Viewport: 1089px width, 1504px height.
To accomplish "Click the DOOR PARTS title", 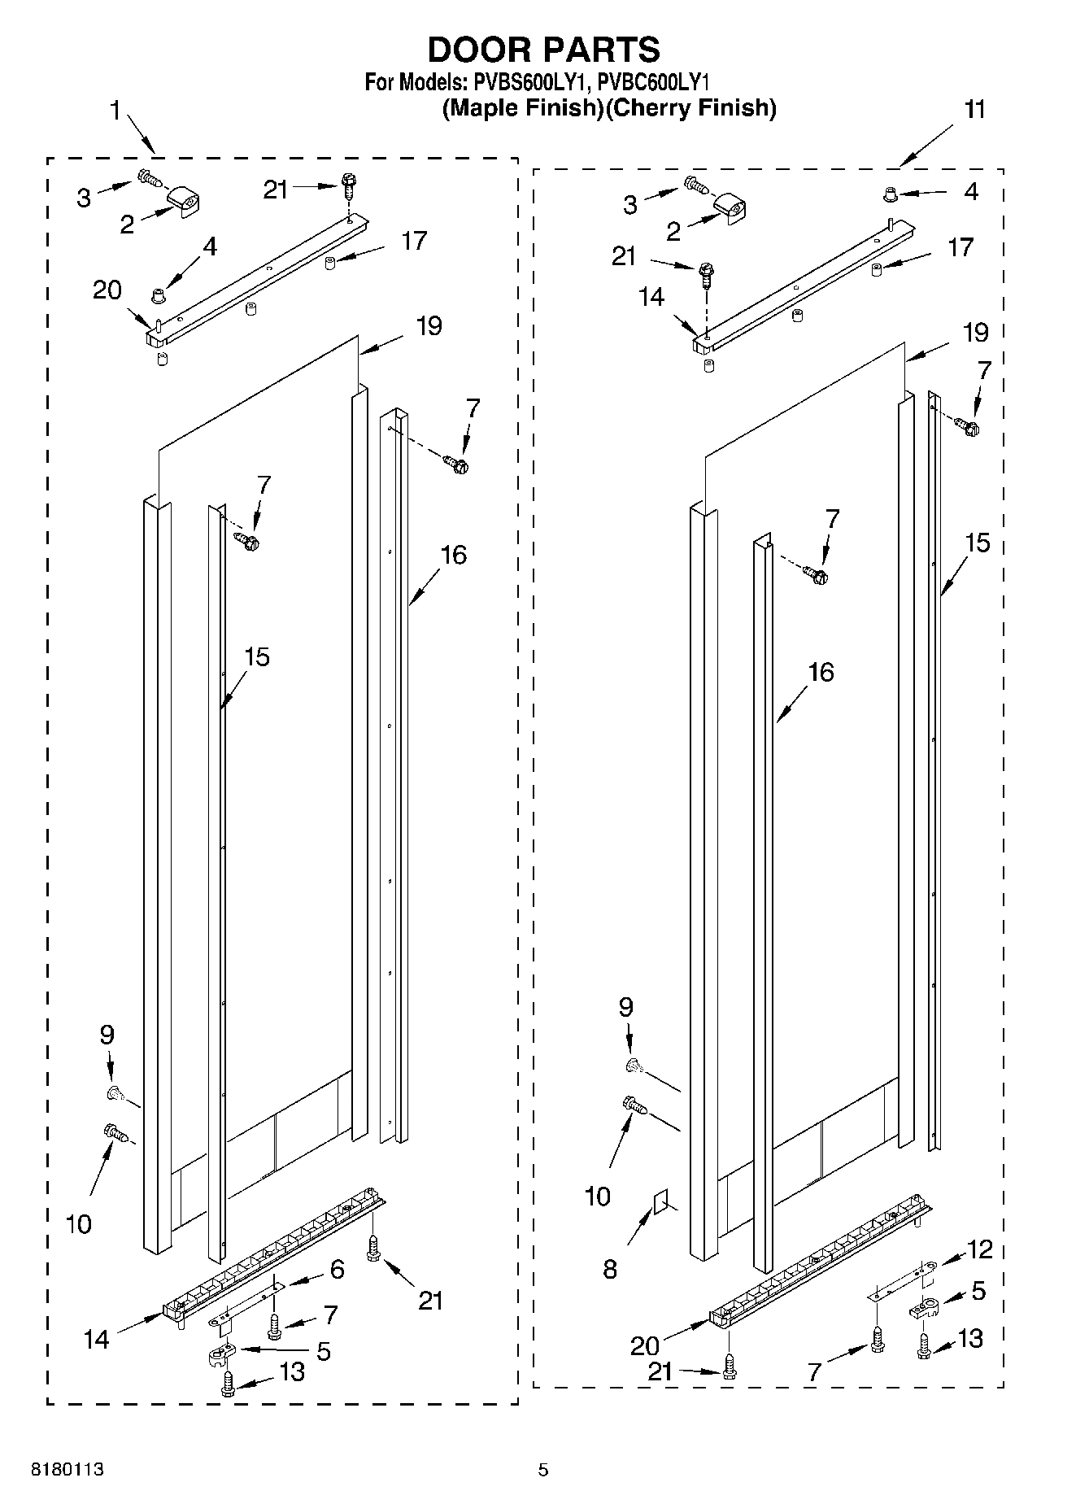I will (543, 50).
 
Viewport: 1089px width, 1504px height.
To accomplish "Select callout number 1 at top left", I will (115, 110).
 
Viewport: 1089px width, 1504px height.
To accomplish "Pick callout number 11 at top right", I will (974, 109).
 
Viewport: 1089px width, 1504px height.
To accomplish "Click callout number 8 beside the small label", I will (610, 1269).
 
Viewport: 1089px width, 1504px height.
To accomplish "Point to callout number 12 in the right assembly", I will (980, 1249).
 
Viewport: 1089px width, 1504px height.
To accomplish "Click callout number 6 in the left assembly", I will (337, 1269).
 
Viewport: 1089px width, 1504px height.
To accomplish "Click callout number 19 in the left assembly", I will (429, 325).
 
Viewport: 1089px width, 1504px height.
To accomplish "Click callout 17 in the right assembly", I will (960, 246).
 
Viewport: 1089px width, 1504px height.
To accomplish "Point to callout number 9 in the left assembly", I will (107, 1035).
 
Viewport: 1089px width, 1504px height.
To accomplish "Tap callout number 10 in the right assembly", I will (597, 1196).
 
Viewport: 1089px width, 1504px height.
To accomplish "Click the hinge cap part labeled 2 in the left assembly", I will (185, 201).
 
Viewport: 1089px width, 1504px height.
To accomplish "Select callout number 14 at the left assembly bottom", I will (96, 1339).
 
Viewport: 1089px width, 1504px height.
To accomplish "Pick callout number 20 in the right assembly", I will (645, 1345).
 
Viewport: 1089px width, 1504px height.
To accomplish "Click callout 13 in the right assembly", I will (970, 1337).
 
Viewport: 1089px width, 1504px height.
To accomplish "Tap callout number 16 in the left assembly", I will (453, 555).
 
